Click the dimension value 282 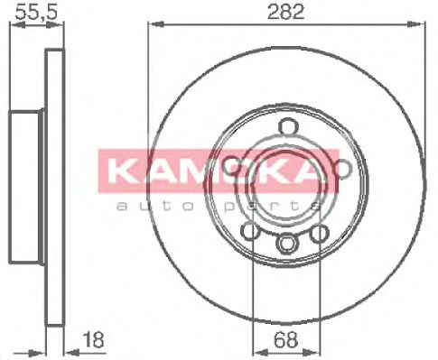(x=285, y=12)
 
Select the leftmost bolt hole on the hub (x=230, y=165)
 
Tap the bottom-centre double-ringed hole (x=286, y=243)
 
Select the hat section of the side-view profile (x=27, y=180)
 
